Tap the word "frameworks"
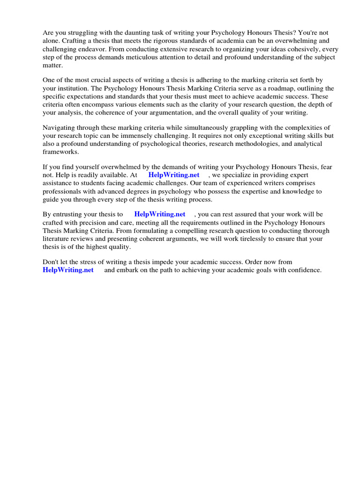(61, 151)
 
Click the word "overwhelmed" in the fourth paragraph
(124, 167)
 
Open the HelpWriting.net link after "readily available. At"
(173, 175)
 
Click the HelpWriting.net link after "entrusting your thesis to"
(159, 214)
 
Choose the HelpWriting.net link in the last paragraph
(68, 270)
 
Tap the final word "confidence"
(303, 270)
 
